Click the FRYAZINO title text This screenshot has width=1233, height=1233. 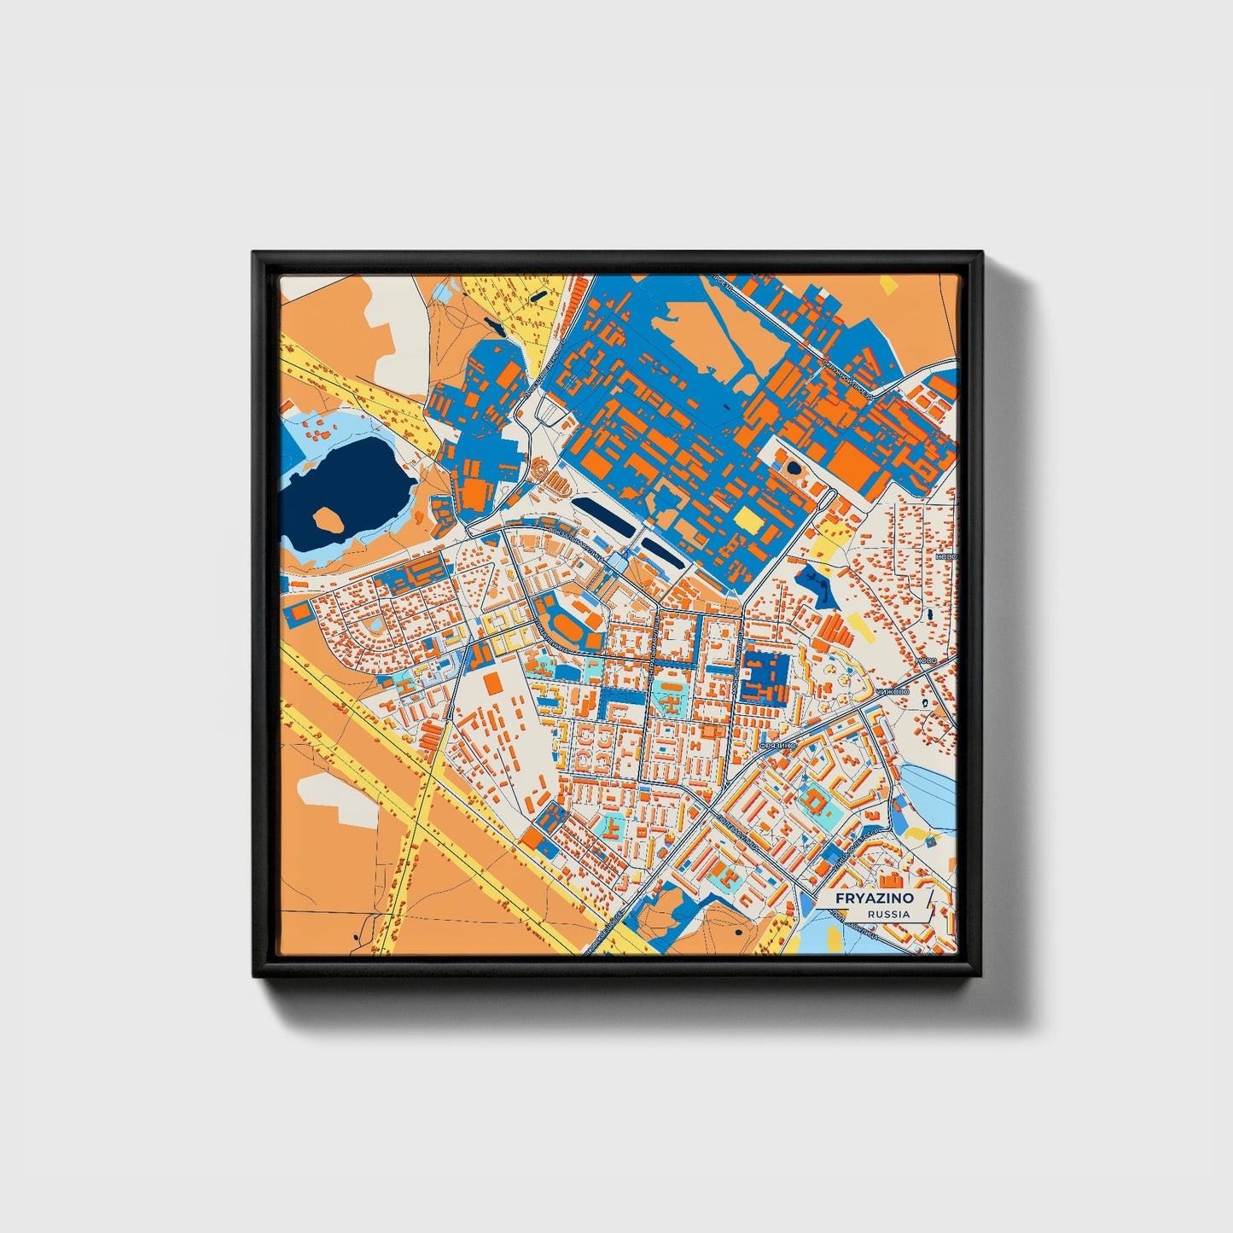tap(875, 899)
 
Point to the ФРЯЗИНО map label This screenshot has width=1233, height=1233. tap(777, 745)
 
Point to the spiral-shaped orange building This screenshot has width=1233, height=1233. tap(541, 468)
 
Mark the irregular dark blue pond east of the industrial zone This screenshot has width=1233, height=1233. tap(817, 585)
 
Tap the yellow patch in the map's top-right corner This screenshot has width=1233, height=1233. tap(889, 284)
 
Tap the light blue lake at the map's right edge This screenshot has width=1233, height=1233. tap(930, 794)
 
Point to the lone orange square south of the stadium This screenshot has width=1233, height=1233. tap(492, 683)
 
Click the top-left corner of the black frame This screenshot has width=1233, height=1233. tap(255, 254)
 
